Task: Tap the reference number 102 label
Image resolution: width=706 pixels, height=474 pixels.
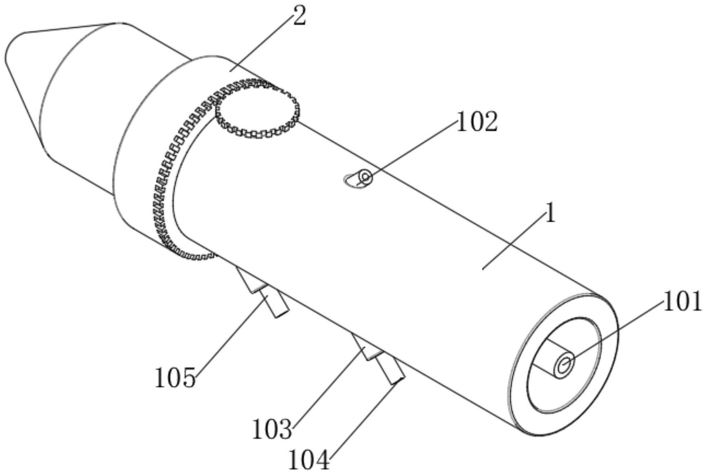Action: [x=477, y=123]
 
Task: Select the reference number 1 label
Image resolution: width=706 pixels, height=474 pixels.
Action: [x=550, y=214]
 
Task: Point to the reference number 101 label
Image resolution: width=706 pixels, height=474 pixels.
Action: [x=683, y=302]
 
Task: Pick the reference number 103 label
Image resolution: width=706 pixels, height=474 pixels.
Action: [x=272, y=429]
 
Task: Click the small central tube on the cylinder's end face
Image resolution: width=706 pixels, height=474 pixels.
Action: [x=564, y=364]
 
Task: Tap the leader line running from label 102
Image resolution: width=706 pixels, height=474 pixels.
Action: [x=413, y=150]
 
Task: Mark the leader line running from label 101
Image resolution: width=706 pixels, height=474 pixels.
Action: [x=617, y=330]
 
